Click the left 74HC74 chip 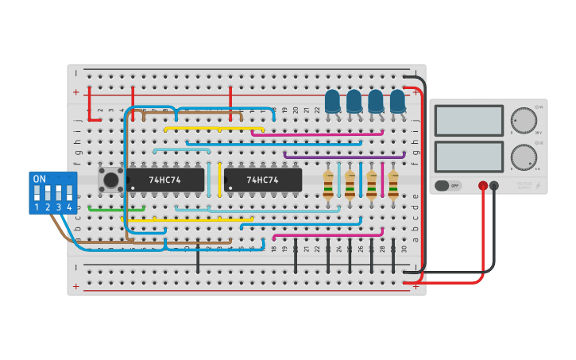[x=165, y=180]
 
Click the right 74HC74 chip [x=263, y=180]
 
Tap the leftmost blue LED [x=333, y=102]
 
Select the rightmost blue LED [x=397, y=102]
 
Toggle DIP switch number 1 [x=37, y=193]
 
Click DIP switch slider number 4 [x=69, y=193]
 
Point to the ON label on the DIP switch [x=39, y=179]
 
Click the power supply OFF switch [x=448, y=185]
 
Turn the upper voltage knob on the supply [x=523, y=120]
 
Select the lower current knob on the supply [x=523, y=157]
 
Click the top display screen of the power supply [x=469, y=121]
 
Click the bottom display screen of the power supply [x=469, y=157]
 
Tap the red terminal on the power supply [x=482, y=186]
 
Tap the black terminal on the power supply [x=494, y=186]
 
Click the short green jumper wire [x=116, y=209]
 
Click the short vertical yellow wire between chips [x=219, y=179]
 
